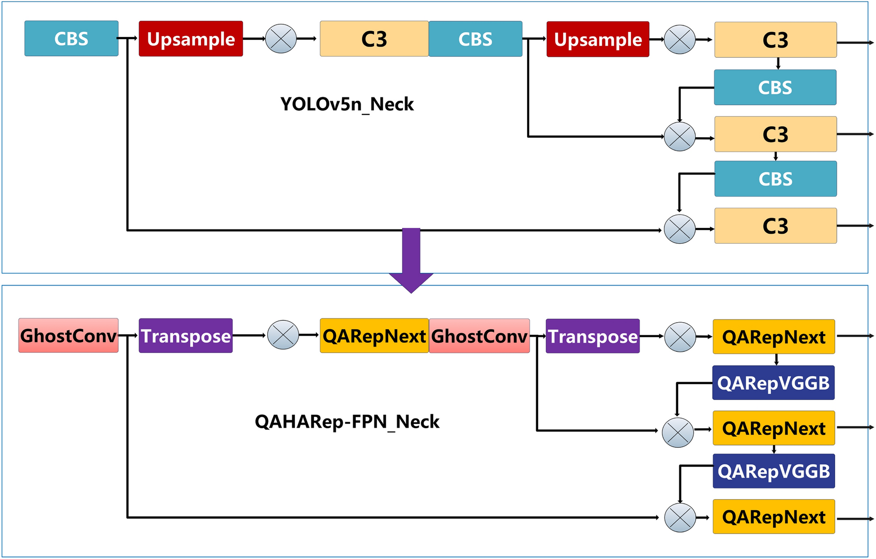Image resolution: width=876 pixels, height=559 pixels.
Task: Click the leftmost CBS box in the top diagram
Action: [x=71, y=39]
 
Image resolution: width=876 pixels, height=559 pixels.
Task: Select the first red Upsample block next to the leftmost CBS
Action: [x=190, y=39]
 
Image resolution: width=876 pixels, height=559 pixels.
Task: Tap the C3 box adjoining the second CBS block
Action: [x=374, y=39]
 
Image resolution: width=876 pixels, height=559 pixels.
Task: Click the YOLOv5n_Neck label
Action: [x=347, y=104]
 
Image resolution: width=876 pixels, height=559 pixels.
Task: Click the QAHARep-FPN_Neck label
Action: [x=347, y=422]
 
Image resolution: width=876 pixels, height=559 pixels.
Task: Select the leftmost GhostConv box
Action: [x=68, y=335]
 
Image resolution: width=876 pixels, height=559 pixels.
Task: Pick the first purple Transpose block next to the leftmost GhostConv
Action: [x=186, y=336]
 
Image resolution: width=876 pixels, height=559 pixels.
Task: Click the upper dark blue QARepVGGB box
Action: [x=773, y=383]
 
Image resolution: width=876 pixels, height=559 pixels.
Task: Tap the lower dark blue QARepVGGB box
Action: [x=774, y=471]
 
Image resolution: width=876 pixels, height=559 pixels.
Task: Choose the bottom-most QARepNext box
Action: [x=774, y=517]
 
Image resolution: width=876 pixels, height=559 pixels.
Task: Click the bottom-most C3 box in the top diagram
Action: [x=775, y=226]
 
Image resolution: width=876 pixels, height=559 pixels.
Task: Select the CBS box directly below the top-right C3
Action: [x=775, y=87]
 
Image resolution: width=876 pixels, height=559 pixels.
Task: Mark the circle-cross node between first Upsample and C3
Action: [x=281, y=39]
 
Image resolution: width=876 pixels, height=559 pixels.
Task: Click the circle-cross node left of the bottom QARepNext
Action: [x=680, y=518]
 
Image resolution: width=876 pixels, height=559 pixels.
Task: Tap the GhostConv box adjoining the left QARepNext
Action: [x=479, y=336]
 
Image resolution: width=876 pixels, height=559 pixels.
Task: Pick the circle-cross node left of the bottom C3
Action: [x=679, y=229]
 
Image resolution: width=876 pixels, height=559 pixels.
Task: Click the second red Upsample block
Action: [x=598, y=39]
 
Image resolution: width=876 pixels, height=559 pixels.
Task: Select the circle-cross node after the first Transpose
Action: [x=283, y=335]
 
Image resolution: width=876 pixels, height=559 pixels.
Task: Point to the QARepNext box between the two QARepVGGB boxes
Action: [x=774, y=428]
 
